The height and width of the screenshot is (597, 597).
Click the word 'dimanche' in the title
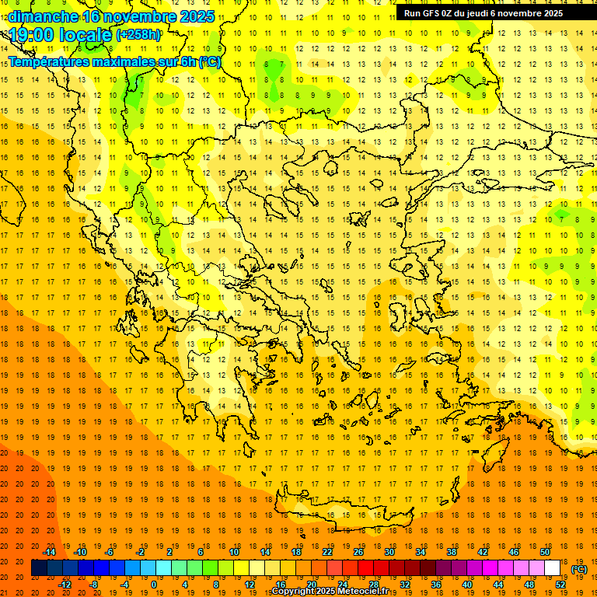[x=43, y=16]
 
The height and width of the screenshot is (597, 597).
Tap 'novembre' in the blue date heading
[x=140, y=16]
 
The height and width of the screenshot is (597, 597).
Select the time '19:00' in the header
[x=34, y=35]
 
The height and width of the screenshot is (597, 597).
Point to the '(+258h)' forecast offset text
[x=138, y=35]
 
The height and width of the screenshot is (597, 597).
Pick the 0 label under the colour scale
[x=153, y=585]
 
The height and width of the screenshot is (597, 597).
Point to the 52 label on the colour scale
[x=560, y=585]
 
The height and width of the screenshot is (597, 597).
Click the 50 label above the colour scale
[x=545, y=552]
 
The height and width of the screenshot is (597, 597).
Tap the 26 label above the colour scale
[x=358, y=552]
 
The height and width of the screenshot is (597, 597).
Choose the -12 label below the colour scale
[x=65, y=585]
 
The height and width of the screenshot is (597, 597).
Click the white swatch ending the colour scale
[x=553, y=568]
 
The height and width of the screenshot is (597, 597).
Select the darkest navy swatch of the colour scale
[x=39, y=568]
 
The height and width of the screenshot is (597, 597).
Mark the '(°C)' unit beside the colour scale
[x=579, y=569]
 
